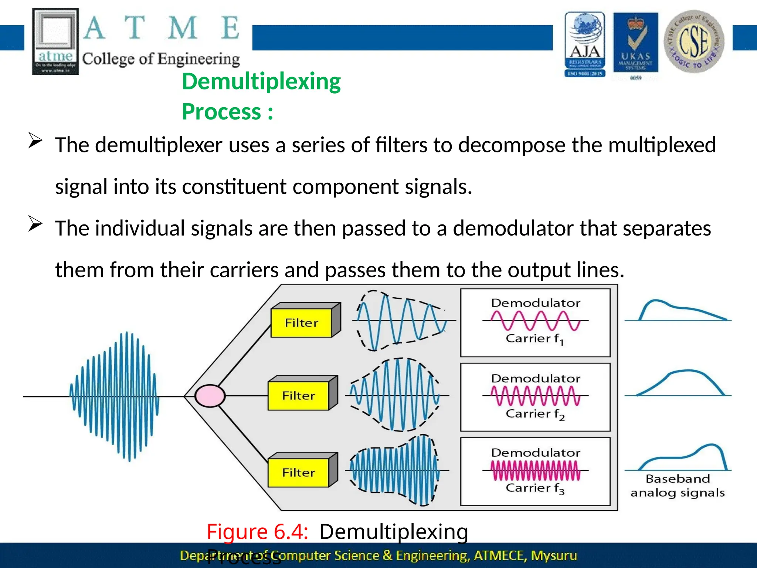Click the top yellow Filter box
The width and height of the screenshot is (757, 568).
[301, 323]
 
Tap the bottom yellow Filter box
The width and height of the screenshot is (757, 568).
[298, 473]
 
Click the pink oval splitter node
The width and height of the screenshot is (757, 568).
[210, 396]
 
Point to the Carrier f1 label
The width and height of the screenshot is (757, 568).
[534, 339]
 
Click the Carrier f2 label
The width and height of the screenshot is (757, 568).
[534, 414]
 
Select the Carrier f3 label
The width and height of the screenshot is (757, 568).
[534, 488]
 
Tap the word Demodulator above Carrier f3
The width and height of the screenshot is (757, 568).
[536, 453]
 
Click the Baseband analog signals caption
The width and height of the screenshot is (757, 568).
[678, 486]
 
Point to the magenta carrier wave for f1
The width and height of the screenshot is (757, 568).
[535, 320]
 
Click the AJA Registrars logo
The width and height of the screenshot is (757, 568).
[585, 44]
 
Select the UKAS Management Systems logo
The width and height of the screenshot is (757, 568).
[635, 44]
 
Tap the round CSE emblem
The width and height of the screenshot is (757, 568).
[694, 41]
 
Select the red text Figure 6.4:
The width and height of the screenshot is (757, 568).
[257, 532]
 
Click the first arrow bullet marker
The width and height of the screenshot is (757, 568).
[35, 141]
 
